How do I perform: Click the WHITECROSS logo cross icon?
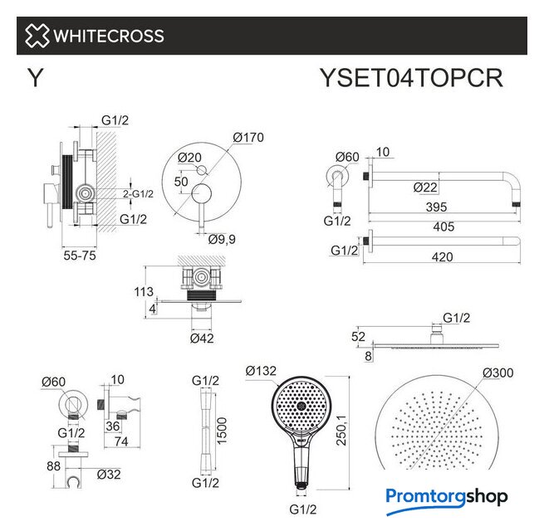coord(37,36)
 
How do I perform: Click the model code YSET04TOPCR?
coord(411,78)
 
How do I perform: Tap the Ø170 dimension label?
coord(248,137)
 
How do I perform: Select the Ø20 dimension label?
coord(189,158)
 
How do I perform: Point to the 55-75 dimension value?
coord(80,256)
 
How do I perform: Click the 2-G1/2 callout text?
coord(138,194)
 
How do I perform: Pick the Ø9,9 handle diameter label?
coord(222,239)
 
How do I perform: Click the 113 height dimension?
coord(144,292)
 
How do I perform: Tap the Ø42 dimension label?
coord(202,339)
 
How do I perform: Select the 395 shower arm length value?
coord(437,207)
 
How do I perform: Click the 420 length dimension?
coord(443,257)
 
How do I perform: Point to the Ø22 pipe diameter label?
coord(425,188)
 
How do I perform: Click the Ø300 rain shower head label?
coord(497,373)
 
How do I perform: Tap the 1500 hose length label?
coord(222,431)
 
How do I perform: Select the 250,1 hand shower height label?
coord(341,430)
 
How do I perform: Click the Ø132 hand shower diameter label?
coord(261,371)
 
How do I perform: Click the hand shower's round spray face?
coord(299,405)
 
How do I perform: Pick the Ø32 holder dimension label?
coord(109,475)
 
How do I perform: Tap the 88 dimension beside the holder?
coord(53,466)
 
